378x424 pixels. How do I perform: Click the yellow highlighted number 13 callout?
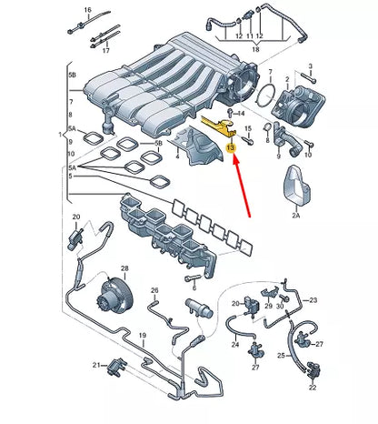point(231,147)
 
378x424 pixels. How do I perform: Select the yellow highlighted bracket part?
point(219,126)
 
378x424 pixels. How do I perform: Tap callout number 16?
point(87,10)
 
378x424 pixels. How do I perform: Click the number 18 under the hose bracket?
point(255,49)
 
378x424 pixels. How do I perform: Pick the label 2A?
point(296,216)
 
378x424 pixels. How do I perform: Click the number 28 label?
point(124,268)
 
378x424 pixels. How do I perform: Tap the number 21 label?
point(96,366)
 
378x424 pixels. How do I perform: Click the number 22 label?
point(313,388)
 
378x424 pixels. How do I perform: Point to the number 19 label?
point(143,336)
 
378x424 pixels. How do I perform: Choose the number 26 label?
point(154,290)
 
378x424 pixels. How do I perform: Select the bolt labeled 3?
point(308,76)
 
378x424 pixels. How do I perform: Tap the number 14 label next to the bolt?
point(241,114)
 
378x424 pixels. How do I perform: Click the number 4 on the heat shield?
point(177,156)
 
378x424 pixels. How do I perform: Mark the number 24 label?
point(235,344)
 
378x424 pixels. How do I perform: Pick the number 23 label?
point(313,300)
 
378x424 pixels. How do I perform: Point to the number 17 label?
point(105,51)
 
